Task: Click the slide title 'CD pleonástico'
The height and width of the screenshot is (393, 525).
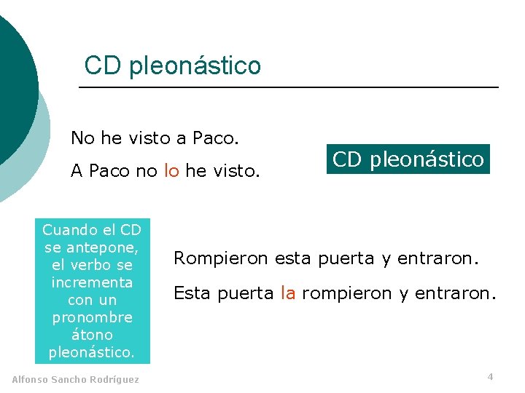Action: click(172, 65)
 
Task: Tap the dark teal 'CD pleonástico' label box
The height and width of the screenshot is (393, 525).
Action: click(408, 159)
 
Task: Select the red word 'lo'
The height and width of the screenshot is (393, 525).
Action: click(171, 171)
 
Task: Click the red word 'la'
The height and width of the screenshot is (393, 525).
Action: click(288, 293)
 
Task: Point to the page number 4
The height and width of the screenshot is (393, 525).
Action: click(490, 376)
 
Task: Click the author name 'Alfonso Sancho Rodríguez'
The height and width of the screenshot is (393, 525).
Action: click(76, 379)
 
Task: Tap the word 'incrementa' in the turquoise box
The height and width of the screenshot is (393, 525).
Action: click(92, 282)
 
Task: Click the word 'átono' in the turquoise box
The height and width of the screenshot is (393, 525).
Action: click(92, 335)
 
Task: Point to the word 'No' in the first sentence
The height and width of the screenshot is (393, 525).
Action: click(82, 137)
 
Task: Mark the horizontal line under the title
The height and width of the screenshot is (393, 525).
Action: click(288, 88)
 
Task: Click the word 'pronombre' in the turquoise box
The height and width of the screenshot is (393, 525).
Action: click(92, 317)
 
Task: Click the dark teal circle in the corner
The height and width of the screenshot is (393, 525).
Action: click(13, 87)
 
